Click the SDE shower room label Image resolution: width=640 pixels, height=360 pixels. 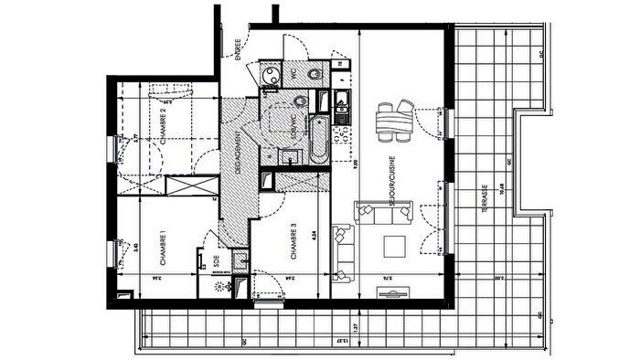[216, 258]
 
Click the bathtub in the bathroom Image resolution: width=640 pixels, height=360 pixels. [316, 140]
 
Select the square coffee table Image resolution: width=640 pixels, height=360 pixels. [394, 247]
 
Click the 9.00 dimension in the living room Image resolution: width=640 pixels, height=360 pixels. [356, 166]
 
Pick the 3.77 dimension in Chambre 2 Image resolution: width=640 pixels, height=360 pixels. [135, 140]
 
